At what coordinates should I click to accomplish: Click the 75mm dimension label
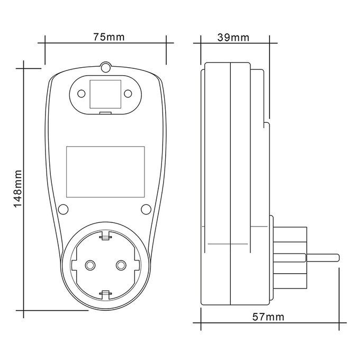(109, 37)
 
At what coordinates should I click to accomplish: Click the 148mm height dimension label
(17, 188)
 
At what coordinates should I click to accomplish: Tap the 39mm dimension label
(233, 38)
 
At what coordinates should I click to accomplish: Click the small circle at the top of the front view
(105, 68)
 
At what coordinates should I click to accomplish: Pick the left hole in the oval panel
(82, 94)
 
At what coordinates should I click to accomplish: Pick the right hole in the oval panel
(128, 94)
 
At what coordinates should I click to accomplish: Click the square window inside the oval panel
(105, 94)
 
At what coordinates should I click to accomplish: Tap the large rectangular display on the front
(105, 172)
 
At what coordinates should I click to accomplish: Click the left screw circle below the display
(63, 209)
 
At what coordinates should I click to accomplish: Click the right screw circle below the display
(146, 209)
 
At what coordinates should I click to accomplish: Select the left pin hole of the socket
(90, 265)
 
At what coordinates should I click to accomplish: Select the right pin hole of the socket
(121, 265)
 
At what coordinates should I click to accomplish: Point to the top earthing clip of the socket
(105, 236)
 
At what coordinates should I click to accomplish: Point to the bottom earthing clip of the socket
(105, 295)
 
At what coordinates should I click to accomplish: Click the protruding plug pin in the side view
(322, 257)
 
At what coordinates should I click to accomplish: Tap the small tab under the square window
(105, 113)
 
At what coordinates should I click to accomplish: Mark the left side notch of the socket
(75, 265)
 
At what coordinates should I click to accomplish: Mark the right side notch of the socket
(137, 265)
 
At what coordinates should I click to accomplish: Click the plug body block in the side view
(290, 257)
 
